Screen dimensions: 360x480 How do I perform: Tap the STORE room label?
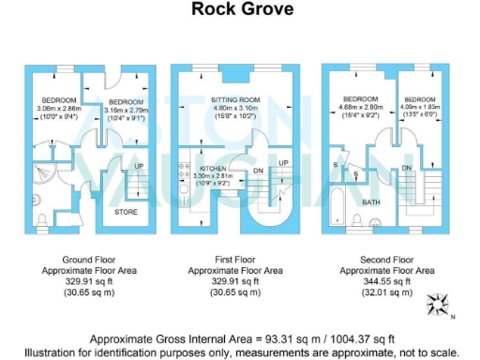pos(126,212)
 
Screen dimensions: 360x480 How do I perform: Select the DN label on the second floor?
pos(407,168)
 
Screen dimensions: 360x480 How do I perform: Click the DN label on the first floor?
pos(259,171)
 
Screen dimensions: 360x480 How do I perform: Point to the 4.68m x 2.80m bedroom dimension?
pos(360,108)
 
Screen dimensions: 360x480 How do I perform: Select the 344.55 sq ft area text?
pos(387,280)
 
